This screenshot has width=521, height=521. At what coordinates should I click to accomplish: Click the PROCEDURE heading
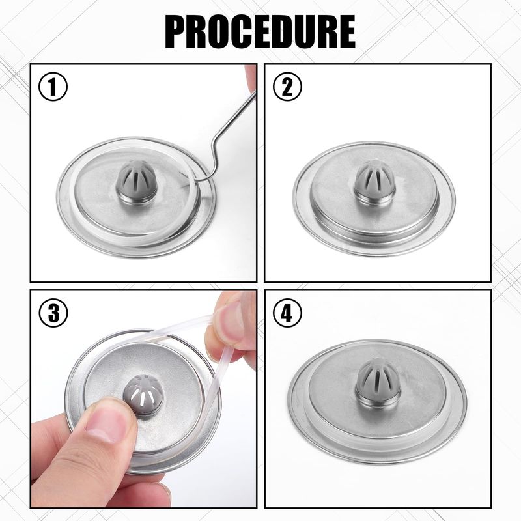(260, 32)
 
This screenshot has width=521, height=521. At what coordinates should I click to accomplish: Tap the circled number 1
(53, 87)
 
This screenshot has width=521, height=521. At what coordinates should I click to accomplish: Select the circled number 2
(287, 87)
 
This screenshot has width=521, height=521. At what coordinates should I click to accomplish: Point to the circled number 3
(53, 313)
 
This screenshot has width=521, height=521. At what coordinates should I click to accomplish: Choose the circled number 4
(287, 313)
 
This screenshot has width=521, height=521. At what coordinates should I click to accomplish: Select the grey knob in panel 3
(143, 395)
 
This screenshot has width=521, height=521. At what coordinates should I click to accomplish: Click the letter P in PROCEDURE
(176, 32)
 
